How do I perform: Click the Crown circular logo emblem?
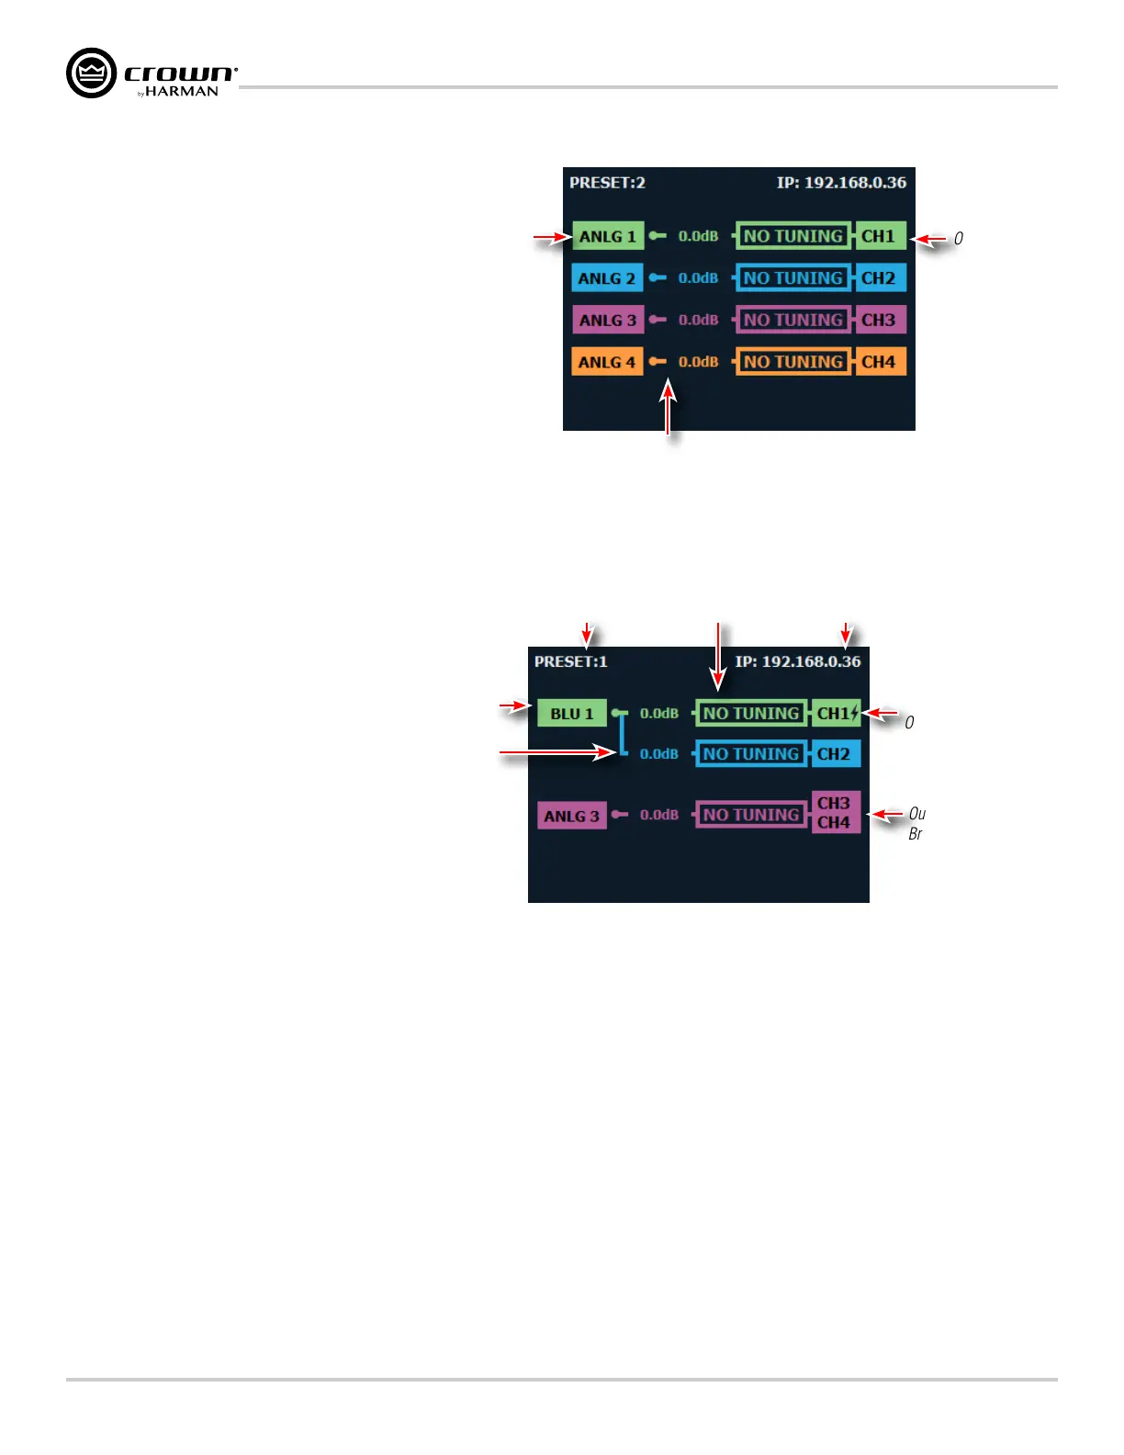[92, 73]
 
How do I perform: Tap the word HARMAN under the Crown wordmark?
[182, 92]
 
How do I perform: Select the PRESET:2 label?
[607, 183]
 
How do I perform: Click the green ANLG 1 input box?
[607, 236]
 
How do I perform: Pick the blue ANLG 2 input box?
[607, 278]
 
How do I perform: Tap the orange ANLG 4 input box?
[607, 362]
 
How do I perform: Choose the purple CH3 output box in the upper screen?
[879, 320]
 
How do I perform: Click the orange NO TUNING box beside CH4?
[793, 362]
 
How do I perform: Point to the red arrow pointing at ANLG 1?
[552, 239]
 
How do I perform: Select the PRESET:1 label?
[570, 661]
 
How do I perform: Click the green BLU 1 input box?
[572, 714]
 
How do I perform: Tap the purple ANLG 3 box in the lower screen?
[571, 816]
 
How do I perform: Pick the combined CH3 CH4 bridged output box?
[835, 813]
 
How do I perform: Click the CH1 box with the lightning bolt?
[837, 713]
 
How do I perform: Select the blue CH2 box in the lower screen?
[835, 754]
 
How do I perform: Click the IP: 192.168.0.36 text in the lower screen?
[798, 661]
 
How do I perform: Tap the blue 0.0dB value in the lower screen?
[659, 754]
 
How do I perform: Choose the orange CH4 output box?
[879, 362]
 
